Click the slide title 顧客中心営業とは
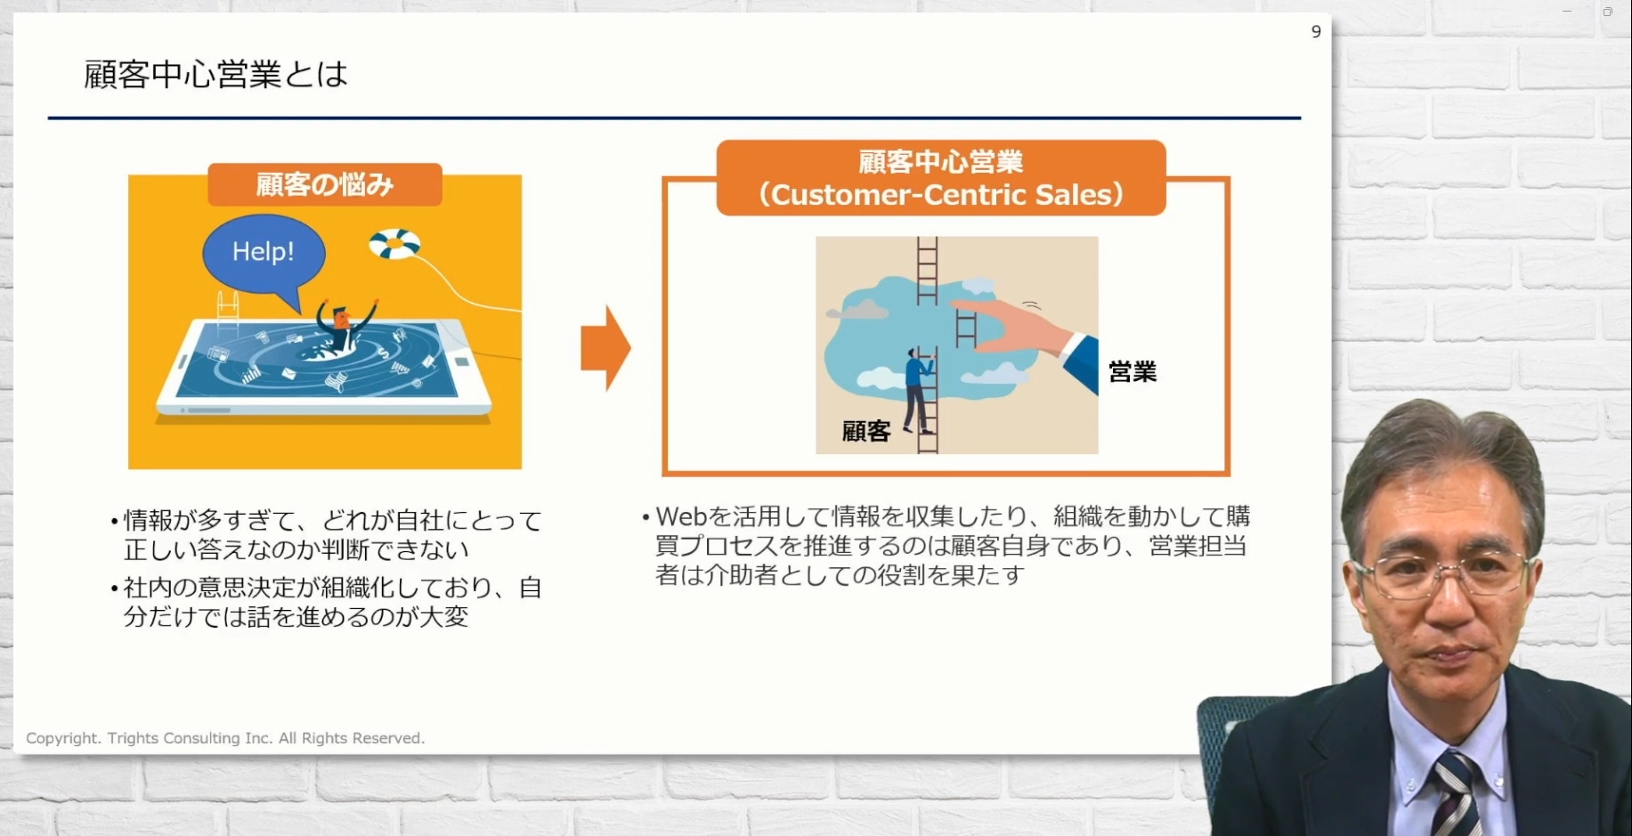coord(215,74)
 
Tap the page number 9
coord(1316,32)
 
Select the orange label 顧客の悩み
coord(325,184)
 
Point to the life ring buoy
coord(394,243)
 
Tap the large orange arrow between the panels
coord(605,347)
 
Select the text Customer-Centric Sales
coord(941,194)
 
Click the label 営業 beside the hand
coord(1133,371)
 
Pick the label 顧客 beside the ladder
coord(866,432)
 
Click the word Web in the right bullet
coord(681,516)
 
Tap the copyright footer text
coord(225,738)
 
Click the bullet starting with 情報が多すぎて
coord(326,534)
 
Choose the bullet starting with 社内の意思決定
coord(326,602)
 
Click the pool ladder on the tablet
coord(228,312)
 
